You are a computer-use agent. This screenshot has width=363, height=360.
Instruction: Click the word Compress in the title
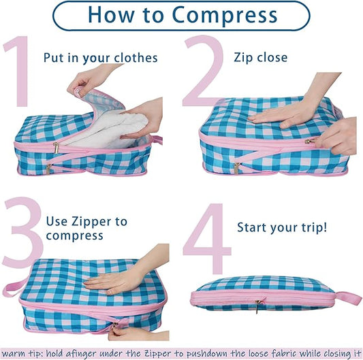[225, 15]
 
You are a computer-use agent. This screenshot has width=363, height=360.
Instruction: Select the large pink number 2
[203, 71]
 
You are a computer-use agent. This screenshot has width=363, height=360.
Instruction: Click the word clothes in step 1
[136, 58]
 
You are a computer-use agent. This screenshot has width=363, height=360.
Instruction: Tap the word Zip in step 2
[242, 58]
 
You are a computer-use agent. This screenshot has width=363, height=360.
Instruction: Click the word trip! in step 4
[315, 228]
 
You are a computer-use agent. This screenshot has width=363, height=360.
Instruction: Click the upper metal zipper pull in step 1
[56, 148]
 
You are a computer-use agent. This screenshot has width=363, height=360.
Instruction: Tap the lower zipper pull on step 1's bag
[48, 169]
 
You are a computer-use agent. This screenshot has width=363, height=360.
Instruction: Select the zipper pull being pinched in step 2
[309, 141]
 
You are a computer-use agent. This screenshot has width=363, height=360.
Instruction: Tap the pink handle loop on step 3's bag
[14, 287]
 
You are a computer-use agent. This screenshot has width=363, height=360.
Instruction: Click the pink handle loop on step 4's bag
[347, 298]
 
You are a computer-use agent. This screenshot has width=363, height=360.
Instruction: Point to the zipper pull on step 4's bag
[257, 306]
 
